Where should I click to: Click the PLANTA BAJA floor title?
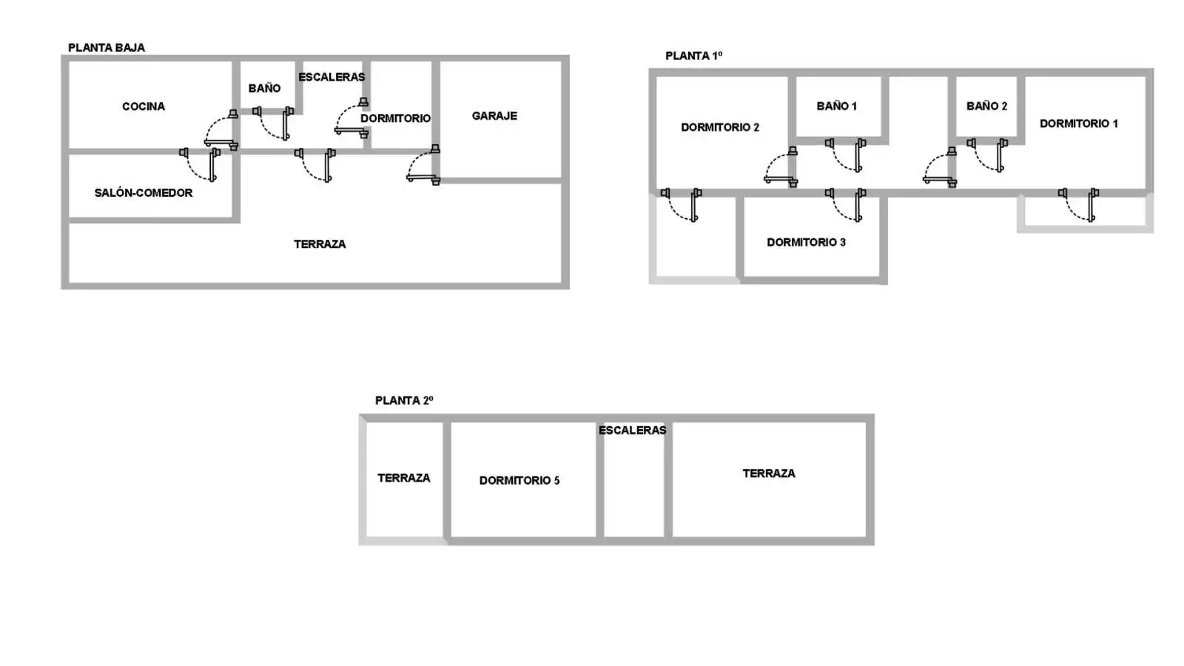[107, 47]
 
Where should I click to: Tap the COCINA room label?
[144, 107]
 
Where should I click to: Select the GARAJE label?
[494, 115]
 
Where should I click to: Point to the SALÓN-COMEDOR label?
[144, 192]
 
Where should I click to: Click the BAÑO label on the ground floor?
[264, 88]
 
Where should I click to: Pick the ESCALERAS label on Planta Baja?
[332, 77]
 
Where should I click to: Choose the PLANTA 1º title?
[693, 55]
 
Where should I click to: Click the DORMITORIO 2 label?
[719, 127]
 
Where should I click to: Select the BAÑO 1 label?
[836, 106]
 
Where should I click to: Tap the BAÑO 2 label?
[986, 106]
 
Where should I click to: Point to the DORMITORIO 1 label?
[1078, 123]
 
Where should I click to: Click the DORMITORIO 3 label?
[806, 242]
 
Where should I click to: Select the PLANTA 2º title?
[404, 400]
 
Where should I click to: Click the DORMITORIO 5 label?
[519, 480]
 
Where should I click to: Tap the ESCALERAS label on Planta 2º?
[632, 430]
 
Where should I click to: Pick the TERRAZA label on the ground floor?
[320, 243]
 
